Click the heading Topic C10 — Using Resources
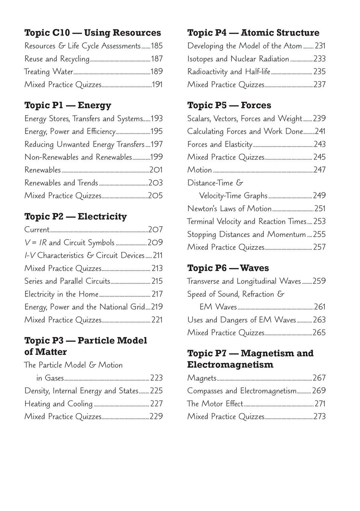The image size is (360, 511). coord(92,33)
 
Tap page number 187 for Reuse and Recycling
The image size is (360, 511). coord(157,59)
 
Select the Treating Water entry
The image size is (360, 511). coord(48,72)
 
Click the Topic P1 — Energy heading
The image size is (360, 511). coord(68,105)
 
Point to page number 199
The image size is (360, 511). coord(157,157)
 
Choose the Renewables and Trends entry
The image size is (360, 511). coord(61,183)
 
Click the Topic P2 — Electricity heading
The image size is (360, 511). coord(76,216)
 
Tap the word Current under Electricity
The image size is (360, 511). coord(37,230)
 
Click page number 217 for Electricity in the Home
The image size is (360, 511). coord(157,294)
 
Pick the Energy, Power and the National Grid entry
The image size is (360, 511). coord(85,307)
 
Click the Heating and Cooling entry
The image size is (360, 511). coord(58,404)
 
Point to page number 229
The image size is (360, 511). coord(156,417)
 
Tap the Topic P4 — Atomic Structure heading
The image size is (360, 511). coord(253,33)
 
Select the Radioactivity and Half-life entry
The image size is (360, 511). coord(228,72)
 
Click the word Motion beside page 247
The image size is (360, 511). coord(200,170)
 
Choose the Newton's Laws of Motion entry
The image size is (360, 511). coord(229,209)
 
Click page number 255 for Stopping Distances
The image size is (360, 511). coord(319,234)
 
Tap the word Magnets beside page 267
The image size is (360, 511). coord(202,378)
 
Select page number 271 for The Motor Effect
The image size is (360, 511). coord(320,404)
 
